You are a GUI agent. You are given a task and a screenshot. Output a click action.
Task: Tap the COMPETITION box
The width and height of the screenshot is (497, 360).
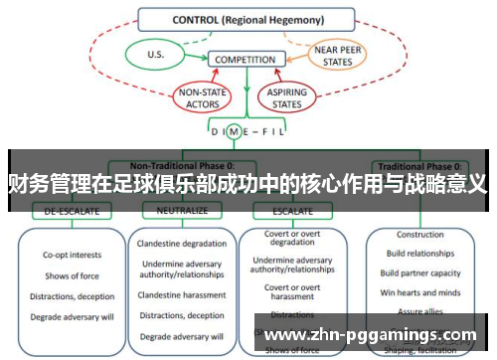pos(245,60)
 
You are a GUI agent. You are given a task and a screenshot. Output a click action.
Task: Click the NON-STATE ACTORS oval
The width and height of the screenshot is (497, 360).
pos(203,96)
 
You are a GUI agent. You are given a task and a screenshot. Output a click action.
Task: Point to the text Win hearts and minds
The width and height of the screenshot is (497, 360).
pos(419,292)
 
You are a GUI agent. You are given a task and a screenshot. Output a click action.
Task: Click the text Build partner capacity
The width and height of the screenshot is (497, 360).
pos(419,273)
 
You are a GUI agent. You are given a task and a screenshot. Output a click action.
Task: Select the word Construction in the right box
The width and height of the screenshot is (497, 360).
pos(419,236)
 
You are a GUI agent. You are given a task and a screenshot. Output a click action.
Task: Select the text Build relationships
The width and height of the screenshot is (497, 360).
pos(419,255)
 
